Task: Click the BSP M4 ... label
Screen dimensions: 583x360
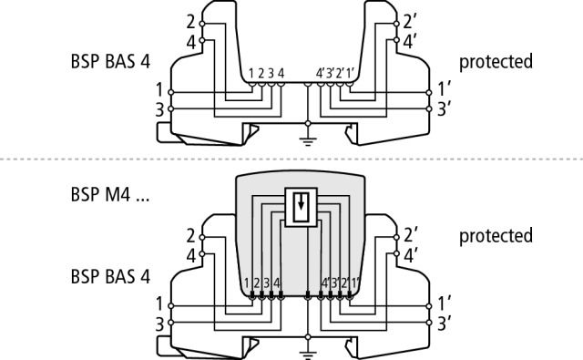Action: pyautogui.click(x=110, y=194)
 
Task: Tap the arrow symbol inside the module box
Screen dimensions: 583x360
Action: pyautogui.click(x=301, y=202)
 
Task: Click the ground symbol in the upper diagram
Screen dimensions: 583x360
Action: pyautogui.click(x=308, y=141)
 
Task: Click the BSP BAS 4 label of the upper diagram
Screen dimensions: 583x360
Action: pyautogui.click(x=110, y=62)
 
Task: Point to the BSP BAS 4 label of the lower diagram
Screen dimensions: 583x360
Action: pyautogui.click(x=110, y=277)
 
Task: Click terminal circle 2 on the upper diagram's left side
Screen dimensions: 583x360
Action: pyautogui.click(x=202, y=24)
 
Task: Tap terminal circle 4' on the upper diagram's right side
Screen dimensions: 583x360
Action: pyautogui.click(x=396, y=40)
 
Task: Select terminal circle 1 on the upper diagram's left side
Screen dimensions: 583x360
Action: pyautogui.click(x=171, y=92)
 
